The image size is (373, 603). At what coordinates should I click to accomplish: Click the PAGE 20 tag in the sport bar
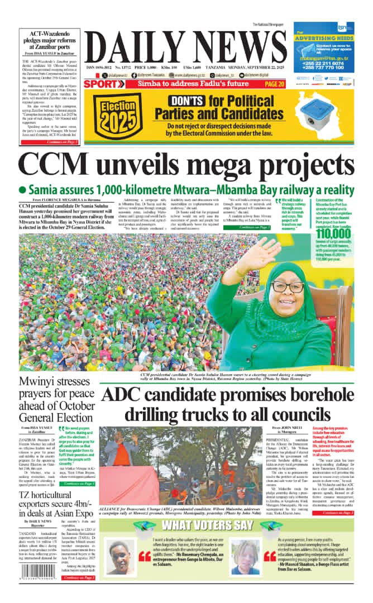(x=274, y=84)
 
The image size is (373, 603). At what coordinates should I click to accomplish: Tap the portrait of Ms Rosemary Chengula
(x=119, y=557)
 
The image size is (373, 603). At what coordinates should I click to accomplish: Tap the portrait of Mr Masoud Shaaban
(x=246, y=556)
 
